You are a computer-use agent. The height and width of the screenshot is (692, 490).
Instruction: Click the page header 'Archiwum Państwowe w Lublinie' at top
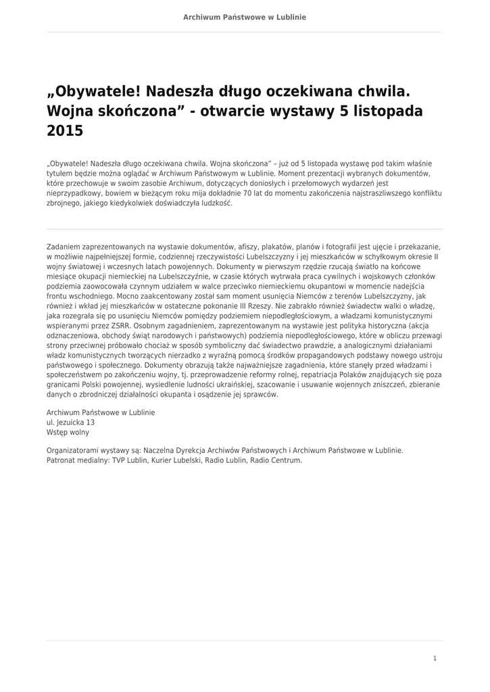245,17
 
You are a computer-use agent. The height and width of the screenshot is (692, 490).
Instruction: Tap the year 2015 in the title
64,130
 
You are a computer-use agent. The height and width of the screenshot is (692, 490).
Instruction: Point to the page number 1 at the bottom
435,658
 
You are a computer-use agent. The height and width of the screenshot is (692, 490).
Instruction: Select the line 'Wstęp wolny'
68,432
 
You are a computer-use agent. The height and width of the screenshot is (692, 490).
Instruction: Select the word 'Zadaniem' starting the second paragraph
64,247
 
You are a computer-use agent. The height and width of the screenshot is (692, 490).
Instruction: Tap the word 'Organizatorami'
74,450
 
